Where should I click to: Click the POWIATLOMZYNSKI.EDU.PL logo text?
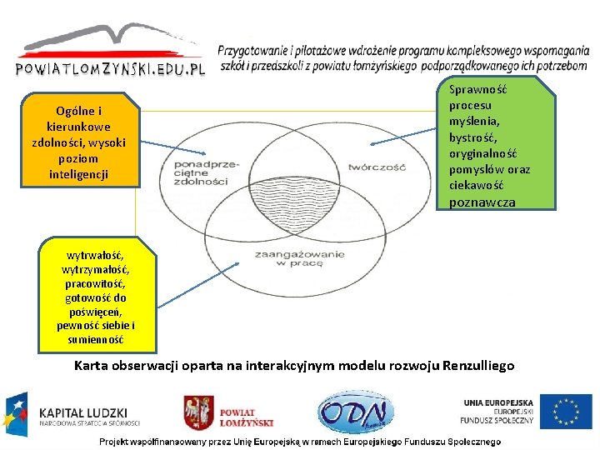[x=110, y=69]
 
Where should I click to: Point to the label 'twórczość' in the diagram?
[x=377, y=166]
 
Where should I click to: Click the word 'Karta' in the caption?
[x=92, y=365]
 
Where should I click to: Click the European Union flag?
[x=566, y=412]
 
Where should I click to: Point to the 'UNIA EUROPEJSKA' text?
[x=498, y=402]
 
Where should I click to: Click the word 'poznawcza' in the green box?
[x=482, y=202]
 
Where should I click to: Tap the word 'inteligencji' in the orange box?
[x=79, y=173]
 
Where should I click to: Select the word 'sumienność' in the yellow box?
[x=96, y=339]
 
